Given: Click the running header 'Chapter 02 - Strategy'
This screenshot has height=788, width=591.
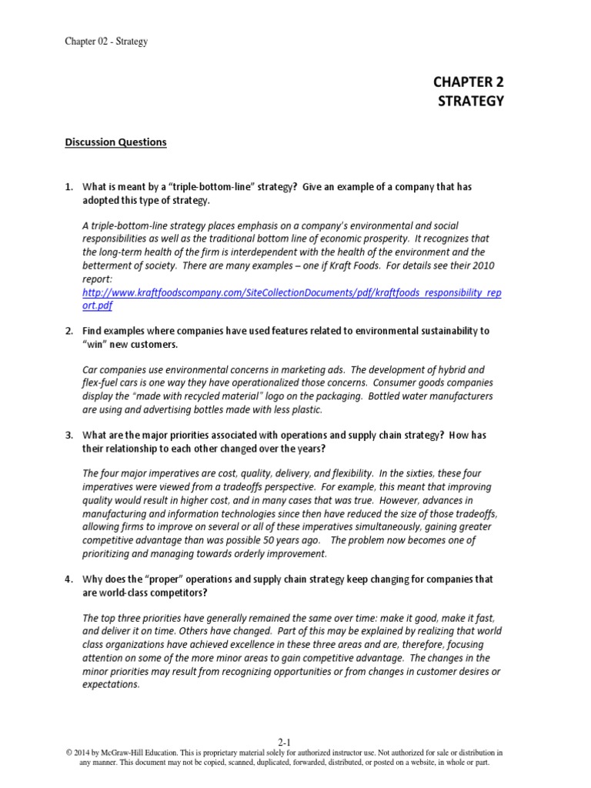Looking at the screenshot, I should (x=106, y=42).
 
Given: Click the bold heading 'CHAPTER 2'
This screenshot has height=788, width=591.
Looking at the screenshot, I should (x=469, y=83).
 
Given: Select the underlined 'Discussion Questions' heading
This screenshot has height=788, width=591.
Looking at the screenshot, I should (x=115, y=142).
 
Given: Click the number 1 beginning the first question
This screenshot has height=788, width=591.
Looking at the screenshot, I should (x=68, y=187).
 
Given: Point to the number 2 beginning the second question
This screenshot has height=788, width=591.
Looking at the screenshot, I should (x=68, y=330).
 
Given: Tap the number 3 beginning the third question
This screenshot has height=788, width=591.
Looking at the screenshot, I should (x=68, y=435).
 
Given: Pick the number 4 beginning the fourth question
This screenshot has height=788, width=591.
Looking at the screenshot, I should (x=68, y=578).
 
